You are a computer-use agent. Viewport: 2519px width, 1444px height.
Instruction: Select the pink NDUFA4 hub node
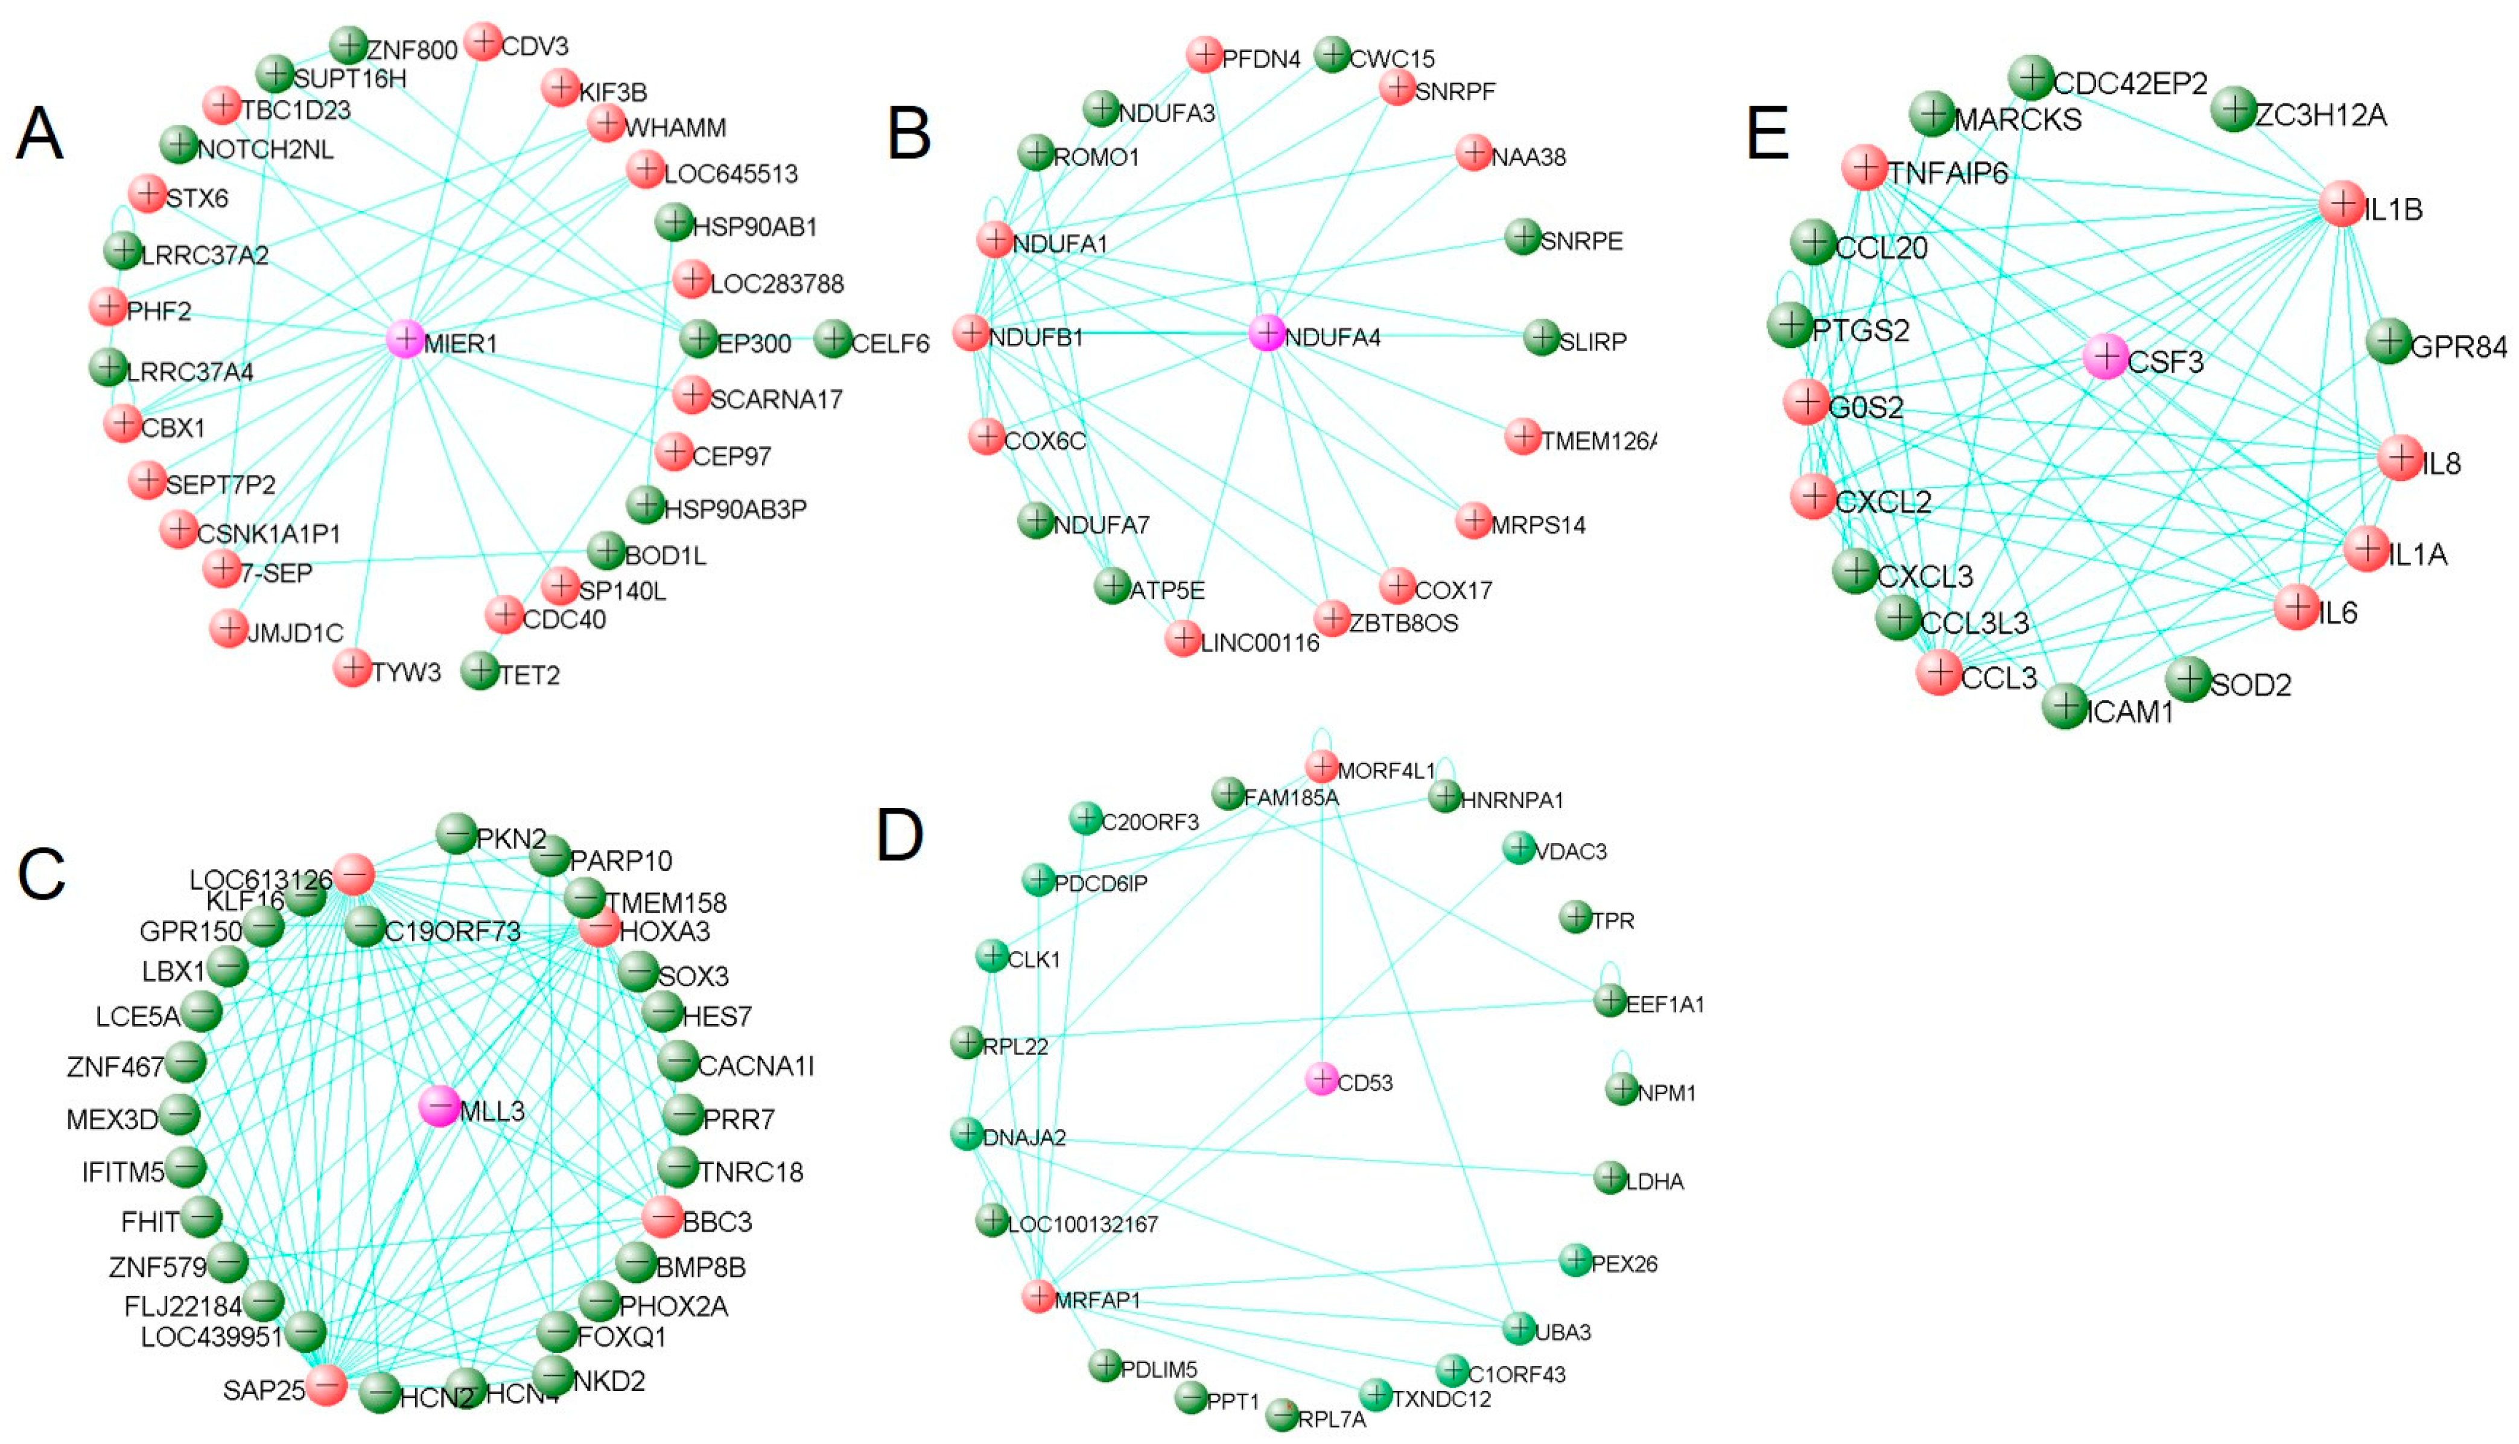point(1267,333)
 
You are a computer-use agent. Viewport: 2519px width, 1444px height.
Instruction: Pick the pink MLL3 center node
point(439,1106)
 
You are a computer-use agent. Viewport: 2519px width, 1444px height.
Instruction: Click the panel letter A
point(40,134)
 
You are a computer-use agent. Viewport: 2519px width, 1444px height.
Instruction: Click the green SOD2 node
point(2188,680)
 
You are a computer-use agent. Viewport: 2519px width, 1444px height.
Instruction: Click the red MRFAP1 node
point(1038,1295)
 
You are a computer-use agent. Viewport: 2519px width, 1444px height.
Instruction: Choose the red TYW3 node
point(352,669)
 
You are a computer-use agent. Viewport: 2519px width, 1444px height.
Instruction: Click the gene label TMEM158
point(666,903)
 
